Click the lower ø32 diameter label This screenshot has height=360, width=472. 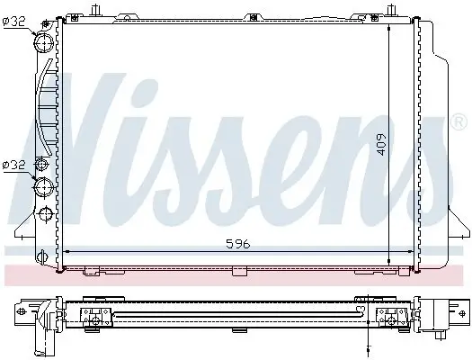pyautogui.click(x=15, y=164)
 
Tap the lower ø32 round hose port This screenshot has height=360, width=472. pyautogui.click(x=43, y=186)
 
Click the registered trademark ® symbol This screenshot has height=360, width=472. pyautogui.click(x=459, y=120)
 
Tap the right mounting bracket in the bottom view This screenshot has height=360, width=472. pyautogui.click(x=389, y=316)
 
